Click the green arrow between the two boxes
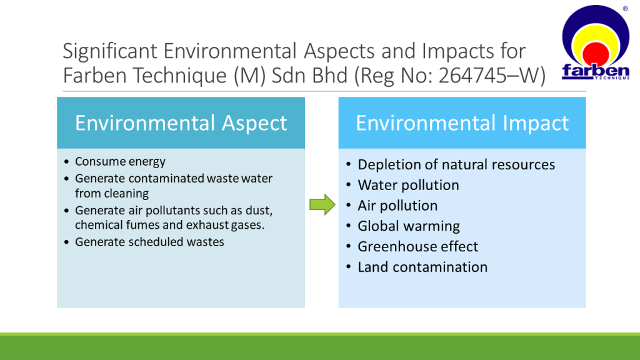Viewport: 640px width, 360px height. pos(322,204)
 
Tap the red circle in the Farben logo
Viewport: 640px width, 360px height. pos(596,54)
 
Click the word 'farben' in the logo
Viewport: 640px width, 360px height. pos(596,71)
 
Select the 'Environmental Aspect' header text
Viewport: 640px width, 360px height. pos(181,123)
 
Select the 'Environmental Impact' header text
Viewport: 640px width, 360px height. pos(462,123)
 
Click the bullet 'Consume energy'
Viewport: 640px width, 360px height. pos(120,162)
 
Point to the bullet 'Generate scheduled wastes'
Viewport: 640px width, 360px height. pos(149,242)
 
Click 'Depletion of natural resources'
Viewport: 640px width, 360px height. pos(456,164)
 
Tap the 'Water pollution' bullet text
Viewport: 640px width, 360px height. pos(408,185)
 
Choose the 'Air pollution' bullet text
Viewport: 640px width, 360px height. pos(397,206)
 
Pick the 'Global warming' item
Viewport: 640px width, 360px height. pos(409,226)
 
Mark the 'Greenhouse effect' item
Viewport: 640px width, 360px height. pos(417,246)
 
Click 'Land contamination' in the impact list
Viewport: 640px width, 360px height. pos(422,267)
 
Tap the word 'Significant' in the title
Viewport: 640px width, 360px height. pos(110,51)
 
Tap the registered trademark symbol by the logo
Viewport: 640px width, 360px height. pos(625,9)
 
